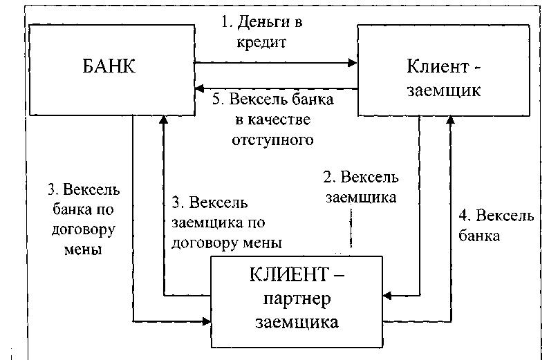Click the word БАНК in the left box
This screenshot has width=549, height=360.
pos(109,66)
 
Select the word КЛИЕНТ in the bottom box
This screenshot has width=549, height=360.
pos(289,274)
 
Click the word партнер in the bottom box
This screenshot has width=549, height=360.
pos(297,299)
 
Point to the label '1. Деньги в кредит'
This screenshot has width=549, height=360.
pos(261,32)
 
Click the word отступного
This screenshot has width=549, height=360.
pos(272,140)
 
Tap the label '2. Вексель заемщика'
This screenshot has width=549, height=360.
pos(361,187)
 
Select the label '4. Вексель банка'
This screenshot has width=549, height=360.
pos(496,226)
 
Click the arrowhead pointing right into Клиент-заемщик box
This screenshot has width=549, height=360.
pos(352,63)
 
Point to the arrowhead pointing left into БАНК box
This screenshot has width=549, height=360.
pos(199,88)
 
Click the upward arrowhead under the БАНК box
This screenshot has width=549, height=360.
pos(163,120)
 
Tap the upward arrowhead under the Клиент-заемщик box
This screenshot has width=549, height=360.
pos(451,120)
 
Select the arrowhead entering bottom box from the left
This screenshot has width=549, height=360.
pos(207,321)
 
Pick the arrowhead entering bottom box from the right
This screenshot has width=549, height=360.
pos(387,296)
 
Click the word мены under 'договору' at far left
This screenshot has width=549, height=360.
pos(83,250)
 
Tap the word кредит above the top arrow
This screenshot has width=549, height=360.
pos(261,43)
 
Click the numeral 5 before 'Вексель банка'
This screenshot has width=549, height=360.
pos(216,100)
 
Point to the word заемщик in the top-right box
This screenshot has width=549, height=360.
pos(444,91)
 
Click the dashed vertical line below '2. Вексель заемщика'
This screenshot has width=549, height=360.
pos(351,228)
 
